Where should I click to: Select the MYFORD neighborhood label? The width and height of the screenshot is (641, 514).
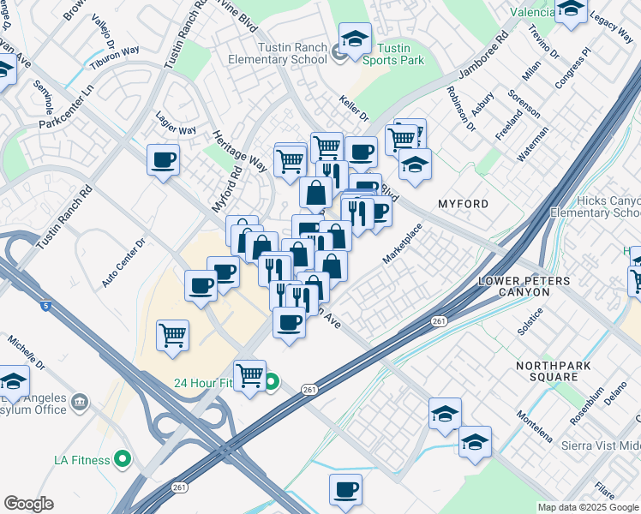click(x=463, y=204)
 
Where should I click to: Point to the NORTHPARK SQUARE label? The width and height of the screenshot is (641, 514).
click(x=547, y=371)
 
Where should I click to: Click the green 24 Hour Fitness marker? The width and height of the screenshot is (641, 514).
click(x=271, y=383)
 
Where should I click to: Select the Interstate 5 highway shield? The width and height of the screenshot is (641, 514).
click(x=45, y=304)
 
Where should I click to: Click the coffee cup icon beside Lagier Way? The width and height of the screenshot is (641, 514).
click(x=163, y=159)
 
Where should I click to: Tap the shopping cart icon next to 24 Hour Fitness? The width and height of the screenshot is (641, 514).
click(x=249, y=374)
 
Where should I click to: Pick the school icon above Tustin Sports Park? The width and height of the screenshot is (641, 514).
click(x=354, y=39)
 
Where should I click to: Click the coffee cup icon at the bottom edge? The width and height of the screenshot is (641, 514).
click(x=345, y=489)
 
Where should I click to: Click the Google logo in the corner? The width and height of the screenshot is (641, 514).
click(x=28, y=504)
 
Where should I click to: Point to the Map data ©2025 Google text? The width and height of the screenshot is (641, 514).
click(x=588, y=507)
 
